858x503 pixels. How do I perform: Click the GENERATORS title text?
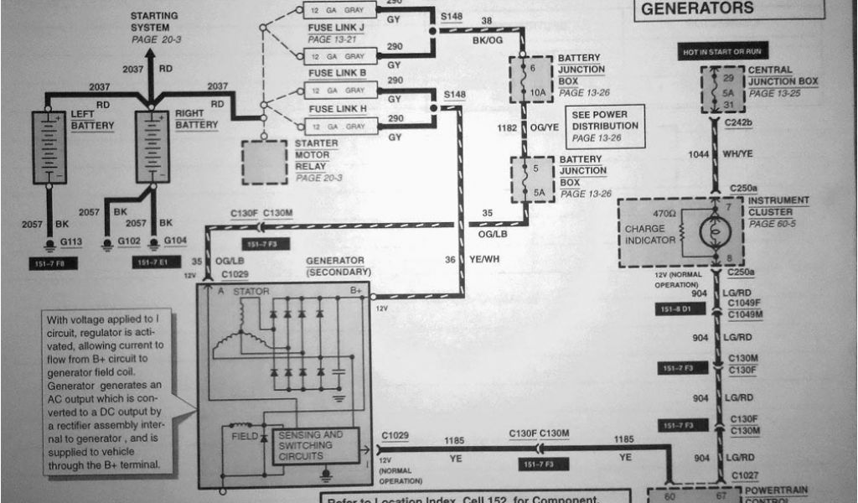696,8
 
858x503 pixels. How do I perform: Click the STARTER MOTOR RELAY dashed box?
264,162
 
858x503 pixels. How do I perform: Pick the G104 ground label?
175,241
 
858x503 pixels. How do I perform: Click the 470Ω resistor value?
664,214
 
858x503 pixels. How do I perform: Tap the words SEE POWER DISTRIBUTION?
604,120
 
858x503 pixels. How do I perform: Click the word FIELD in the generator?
244,436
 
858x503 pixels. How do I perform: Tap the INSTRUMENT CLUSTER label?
778,206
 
